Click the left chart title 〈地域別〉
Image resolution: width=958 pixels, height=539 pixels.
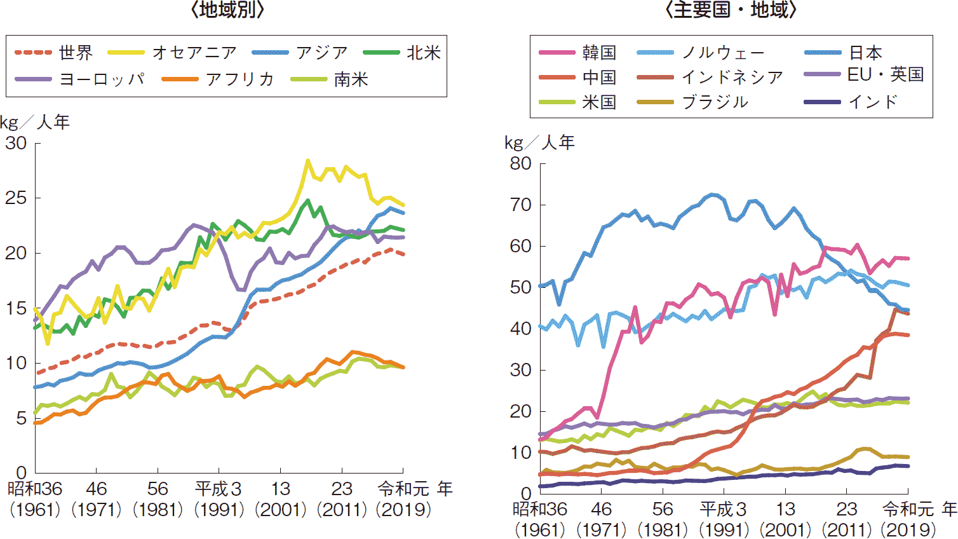(x=227, y=10)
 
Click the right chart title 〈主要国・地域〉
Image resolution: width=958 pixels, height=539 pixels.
(x=730, y=10)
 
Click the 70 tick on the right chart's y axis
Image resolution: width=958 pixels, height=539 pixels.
(x=520, y=205)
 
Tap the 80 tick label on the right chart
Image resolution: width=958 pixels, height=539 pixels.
(x=520, y=164)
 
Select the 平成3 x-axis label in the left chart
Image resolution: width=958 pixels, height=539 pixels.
(x=219, y=489)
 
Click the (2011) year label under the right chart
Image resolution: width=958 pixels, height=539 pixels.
(x=846, y=529)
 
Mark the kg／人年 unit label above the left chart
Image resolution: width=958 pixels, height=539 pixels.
(x=35, y=122)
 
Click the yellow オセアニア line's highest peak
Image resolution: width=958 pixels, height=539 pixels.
(x=307, y=161)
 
